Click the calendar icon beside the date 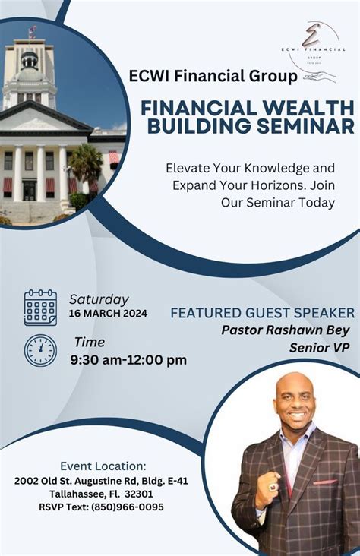pyautogui.click(x=40, y=308)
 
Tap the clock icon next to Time pyautogui.click(x=40, y=350)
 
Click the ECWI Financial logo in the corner pyautogui.click(x=310, y=49)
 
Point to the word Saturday pyautogui.click(x=99, y=299)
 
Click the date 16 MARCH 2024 pyautogui.click(x=108, y=314)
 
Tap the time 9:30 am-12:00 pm pyautogui.click(x=128, y=359)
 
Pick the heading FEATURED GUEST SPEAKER pyautogui.click(x=262, y=313)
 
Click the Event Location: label pyautogui.click(x=103, y=466)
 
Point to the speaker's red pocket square pyautogui.click(x=325, y=482)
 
